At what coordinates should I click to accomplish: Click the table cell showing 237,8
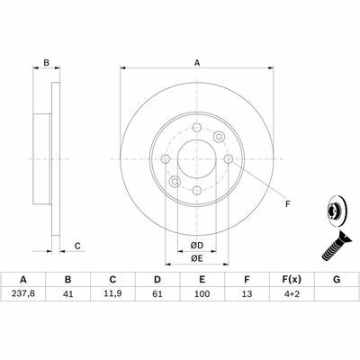[23, 293]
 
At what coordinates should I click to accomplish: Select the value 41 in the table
[68, 293]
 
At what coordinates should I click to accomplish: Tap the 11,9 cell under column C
[112, 293]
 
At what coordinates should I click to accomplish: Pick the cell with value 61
[157, 293]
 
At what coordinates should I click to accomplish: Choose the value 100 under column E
[202, 293]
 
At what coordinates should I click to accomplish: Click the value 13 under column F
[247, 293]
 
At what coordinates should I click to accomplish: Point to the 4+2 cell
[292, 293]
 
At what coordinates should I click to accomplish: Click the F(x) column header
[292, 280]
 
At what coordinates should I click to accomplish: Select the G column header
[337, 280]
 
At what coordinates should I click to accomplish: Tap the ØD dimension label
[197, 246]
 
